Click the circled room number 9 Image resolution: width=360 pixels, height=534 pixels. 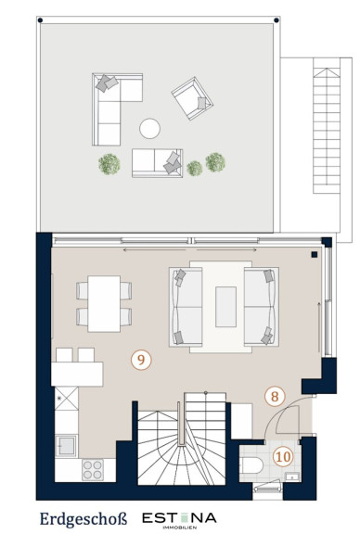click(x=141, y=360)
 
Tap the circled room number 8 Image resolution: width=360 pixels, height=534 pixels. click(x=275, y=397)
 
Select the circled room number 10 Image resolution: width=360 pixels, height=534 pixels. click(x=283, y=457)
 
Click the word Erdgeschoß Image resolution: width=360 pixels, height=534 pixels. click(x=84, y=519)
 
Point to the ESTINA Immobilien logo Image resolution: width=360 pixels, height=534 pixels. click(x=179, y=520)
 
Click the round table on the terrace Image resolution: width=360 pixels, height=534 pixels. click(x=149, y=128)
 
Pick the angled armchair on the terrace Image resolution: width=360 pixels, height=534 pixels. click(x=192, y=98)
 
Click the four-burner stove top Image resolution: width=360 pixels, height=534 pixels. click(x=93, y=470)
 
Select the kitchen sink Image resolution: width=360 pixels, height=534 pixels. click(x=67, y=445)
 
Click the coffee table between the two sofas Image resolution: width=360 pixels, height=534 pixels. click(x=225, y=307)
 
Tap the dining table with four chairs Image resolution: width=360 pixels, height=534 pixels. click(x=104, y=304)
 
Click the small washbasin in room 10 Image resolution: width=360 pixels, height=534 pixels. click(x=292, y=477)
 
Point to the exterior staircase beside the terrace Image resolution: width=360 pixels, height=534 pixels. click(x=327, y=131)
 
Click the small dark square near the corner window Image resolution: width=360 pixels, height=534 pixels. click(x=315, y=254)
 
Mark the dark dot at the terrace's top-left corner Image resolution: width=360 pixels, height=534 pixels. click(x=40, y=20)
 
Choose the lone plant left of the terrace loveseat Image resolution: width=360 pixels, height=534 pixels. click(x=109, y=164)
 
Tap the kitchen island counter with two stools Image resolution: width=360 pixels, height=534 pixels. click(x=77, y=367)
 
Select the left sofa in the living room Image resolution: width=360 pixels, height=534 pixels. click(x=186, y=307)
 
